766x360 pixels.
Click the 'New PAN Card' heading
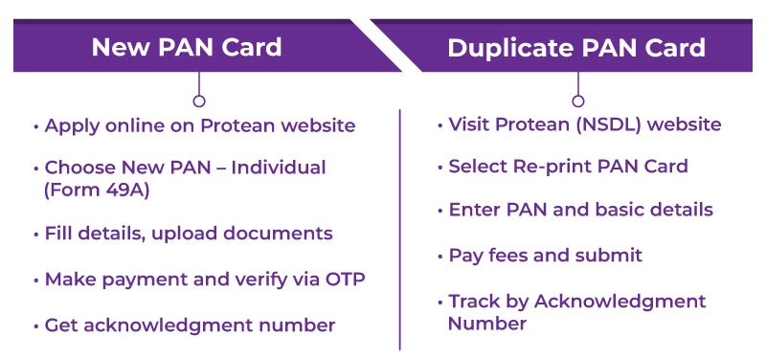pos(187,47)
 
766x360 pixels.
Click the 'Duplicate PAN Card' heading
pos(576,47)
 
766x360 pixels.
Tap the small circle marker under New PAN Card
pos(198,100)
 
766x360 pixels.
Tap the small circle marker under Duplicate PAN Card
pos(576,100)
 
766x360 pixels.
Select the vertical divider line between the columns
pos(400,230)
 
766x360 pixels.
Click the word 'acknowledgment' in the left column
pos(157,326)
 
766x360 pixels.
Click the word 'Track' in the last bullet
pos(474,302)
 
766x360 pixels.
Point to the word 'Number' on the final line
pos(486,324)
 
